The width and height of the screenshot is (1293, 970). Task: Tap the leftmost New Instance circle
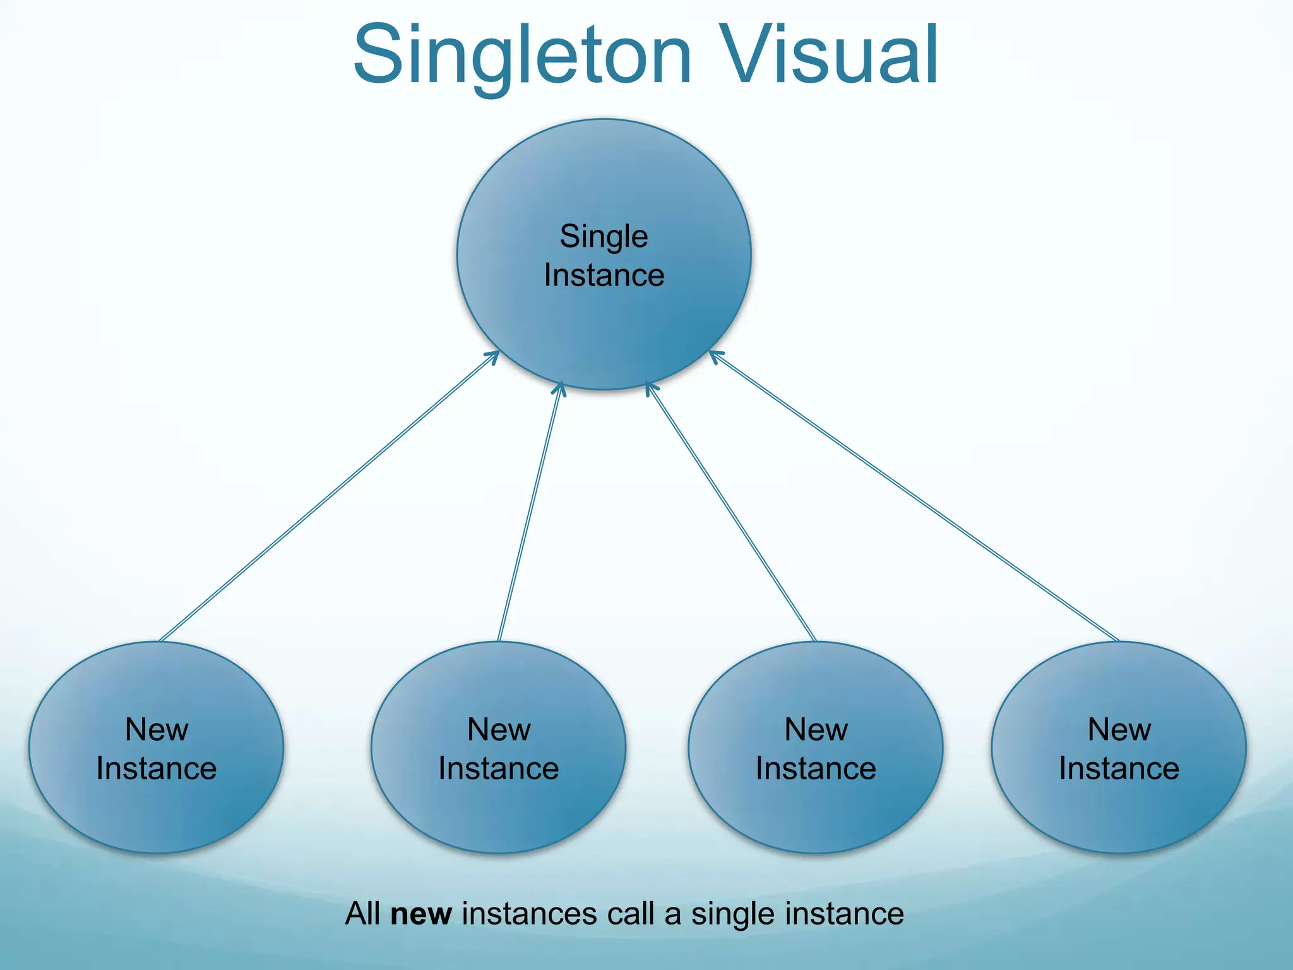pyautogui.click(x=157, y=815)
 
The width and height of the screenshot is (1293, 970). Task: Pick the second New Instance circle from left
pyautogui.click(x=499, y=815)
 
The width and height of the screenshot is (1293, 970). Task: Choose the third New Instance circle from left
pyautogui.click(x=816, y=815)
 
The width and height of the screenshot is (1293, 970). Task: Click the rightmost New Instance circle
pyautogui.click(x=1119, y=815)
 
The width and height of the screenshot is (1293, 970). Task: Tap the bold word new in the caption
pyautogui.click(x=421, y=914)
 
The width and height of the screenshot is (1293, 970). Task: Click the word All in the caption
pyautogui.click(x=363, y=914)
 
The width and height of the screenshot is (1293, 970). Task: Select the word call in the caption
pyautogui.click(x=631, y=914)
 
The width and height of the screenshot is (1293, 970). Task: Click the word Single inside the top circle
pyautogui.click(x=604, y=237)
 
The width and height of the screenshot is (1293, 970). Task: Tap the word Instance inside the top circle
pyautogui.click(x=604, y=275)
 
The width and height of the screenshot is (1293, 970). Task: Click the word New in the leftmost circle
pyautogui.click(x=157, y=729)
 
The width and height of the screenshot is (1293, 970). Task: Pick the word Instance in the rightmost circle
pyautogui.click(x=1119, y=769)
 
